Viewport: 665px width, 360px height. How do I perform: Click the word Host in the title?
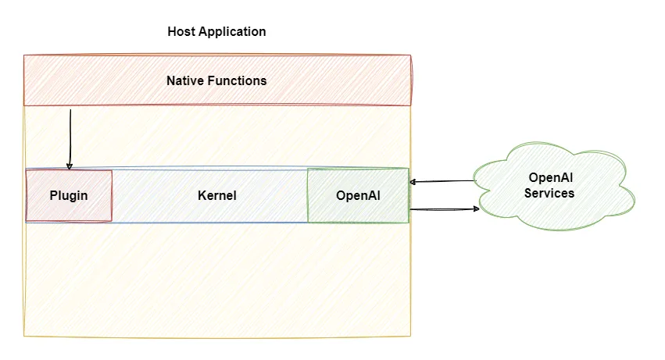coord(181,32)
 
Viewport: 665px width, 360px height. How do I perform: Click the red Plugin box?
coord(69,206)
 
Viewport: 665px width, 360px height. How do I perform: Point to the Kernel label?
coord(216,195)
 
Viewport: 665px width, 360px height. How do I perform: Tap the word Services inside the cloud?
coord(549,193)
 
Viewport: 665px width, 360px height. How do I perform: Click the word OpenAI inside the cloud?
coord(550,177)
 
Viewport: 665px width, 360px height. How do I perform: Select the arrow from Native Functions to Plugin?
coord(70,137)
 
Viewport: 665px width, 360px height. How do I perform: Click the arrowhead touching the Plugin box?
coord(70,166)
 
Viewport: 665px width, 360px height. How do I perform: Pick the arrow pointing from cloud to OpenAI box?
coord(442,181)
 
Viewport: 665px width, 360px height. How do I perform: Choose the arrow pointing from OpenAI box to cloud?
coord(442,209)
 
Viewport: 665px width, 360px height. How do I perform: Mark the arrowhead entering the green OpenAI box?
coord(413,182)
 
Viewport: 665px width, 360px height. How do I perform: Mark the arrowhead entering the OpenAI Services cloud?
coord(475,209)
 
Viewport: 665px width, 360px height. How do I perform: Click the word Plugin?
coord(69,195)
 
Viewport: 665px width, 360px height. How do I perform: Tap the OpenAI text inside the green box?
coord(357,195)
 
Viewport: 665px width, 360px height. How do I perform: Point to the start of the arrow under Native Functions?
coord(70,110)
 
